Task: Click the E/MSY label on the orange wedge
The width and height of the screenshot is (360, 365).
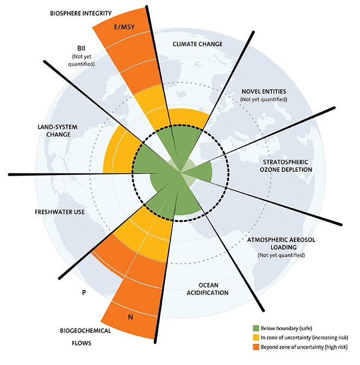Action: (x=125, y=27)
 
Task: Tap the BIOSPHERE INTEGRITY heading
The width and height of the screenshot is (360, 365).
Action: (x=81, y=13)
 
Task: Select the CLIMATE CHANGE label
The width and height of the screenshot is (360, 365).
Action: (x=197, y=44)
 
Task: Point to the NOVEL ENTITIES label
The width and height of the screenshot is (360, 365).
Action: (x=264, y=91)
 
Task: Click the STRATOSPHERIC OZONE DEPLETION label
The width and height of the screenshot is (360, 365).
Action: (x=285, y=166)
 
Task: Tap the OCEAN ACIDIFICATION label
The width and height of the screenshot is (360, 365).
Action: (x=208, y=289)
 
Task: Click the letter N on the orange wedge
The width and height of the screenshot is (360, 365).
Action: (x=131, y=317)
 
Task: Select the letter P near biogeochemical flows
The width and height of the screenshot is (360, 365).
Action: (x=84, y=292)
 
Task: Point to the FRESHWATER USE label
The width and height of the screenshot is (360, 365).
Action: (x=60, y=212)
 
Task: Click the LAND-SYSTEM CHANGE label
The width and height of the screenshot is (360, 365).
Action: (x=58, y=131)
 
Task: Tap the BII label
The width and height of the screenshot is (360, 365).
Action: (x=81, y=48)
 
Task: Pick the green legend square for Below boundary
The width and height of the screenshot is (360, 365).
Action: (x=256, y=328)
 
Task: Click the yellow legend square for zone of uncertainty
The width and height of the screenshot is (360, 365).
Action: (x=256, y=337)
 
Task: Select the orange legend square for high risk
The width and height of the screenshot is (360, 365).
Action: (x=256, y=347)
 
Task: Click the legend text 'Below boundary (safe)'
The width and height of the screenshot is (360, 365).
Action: (x=286, y=328)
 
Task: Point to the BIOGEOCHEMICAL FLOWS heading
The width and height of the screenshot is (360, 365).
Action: (x=85, y=337)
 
